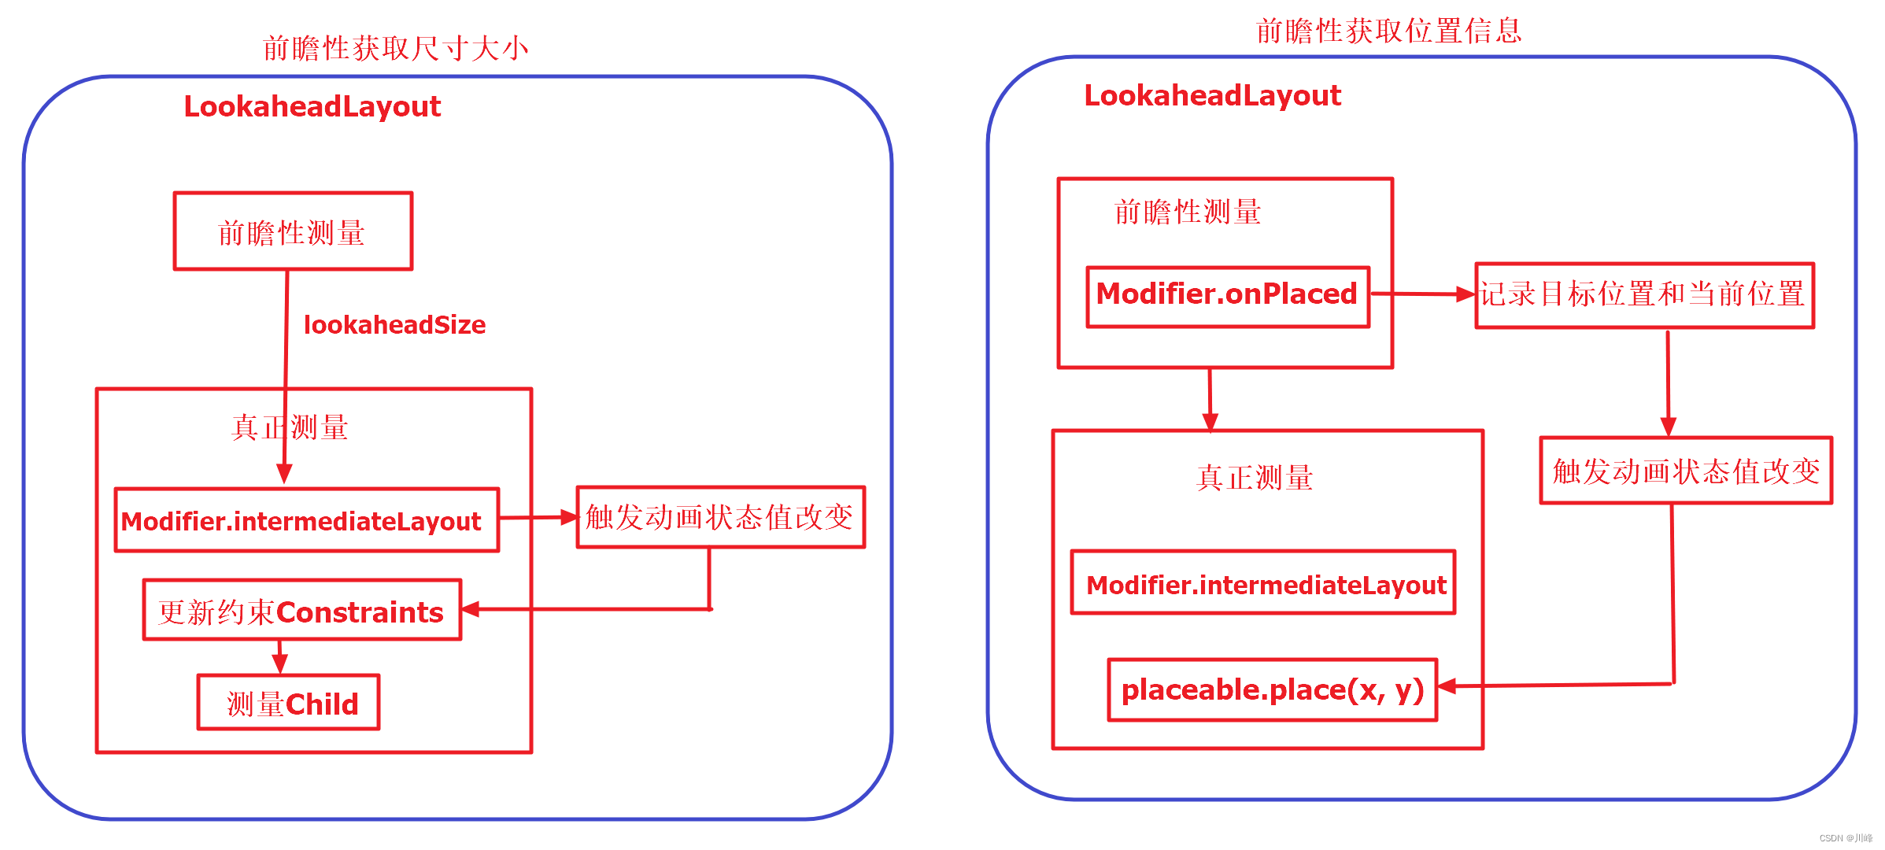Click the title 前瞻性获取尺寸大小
pyautogui.click(x=395, y=49)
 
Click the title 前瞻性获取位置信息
pyautogui.click(x=1388, y=31)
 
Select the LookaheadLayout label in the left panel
pyautogui.click(x=312, y=106)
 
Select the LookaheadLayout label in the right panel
pyautogui.click(x=1212, y=95)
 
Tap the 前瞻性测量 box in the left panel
pyautogui.click(x=293, y=231)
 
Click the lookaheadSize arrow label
pyautogui.click(x=394, y=324)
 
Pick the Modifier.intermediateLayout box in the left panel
pyautogui.click(x=306, y=520)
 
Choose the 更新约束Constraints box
pyautogui.click(x=301, y=611)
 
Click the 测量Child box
pyautogui.click(x=288, y=703)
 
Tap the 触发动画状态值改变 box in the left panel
pyautogui.click(x=720, y=517)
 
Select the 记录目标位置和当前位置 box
pyautogui.click(x=1644, y=295)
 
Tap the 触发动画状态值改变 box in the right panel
pyautogui.click(x=1686, y=471)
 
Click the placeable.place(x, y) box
pyautogui.click(x=1272, y=690)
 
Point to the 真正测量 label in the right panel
pyautogui.click(x=1255, y=478)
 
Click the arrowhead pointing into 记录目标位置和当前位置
pyautogui.click(x=1466, y=294)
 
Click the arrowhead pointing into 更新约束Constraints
pyautogui.click(x=471, y=609)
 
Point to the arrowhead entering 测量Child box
pyautogui.click(x=279, y=665)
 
